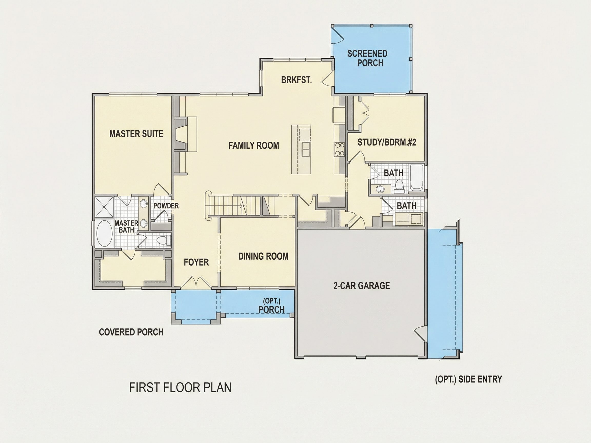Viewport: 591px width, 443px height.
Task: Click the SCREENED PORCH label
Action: click(367, 58)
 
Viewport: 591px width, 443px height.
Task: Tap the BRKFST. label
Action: click(296, 80)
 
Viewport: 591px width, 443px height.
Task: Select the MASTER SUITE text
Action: click(136, 134)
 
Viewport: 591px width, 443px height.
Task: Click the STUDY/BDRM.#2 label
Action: click(387, 142)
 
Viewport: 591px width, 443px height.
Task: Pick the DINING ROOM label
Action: click(263, 256)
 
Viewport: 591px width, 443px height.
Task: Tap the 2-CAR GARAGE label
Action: click(361, 286)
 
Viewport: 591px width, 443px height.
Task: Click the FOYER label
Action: click(196, 262)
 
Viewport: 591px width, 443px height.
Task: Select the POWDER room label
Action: click(166, 206)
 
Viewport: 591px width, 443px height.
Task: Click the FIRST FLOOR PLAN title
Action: click(180, 387)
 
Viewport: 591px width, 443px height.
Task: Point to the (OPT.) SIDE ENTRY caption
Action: click(468, 379)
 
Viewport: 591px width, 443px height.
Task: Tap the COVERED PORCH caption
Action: click(131, 332)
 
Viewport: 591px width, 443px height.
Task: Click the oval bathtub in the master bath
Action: click(104, 233)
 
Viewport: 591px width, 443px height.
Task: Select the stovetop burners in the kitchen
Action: click(339, 149)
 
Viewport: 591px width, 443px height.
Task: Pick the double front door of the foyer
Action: click(196, 283)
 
